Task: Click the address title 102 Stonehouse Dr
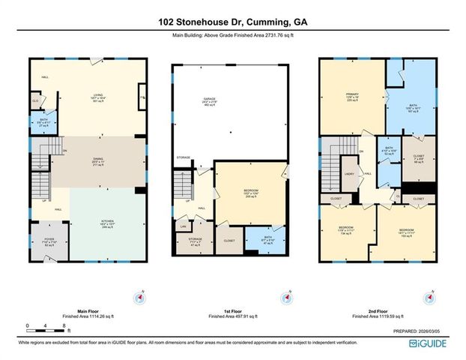pos(233,23)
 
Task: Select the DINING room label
pos(97,160)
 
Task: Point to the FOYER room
pos(50,243)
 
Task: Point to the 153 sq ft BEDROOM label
pos(408,229)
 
